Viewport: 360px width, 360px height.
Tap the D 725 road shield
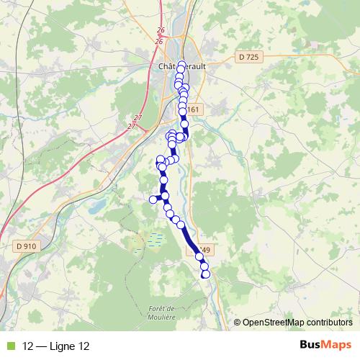point(247,57)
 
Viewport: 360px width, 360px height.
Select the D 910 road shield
point(25,246)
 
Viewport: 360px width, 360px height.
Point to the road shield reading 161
point(197,109)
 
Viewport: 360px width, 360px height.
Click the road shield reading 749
point(205,251)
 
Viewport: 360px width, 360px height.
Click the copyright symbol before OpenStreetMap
point(237,322)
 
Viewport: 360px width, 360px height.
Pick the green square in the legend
point(11,346)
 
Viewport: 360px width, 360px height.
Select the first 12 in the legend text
point(28,346)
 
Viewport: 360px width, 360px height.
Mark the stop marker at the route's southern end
point(204,273)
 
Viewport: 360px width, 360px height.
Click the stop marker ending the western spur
point(153,199)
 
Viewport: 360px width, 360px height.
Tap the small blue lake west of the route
point(96,207)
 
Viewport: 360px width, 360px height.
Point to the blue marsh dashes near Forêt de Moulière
point(153,238)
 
